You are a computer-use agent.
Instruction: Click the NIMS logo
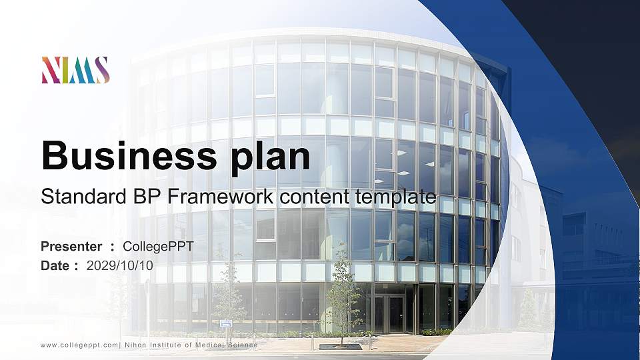coord(75,70)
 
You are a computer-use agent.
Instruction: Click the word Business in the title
coord(129,155)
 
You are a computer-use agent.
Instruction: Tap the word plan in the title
coord(270,158)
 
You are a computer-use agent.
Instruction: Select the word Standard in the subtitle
coord(83,196)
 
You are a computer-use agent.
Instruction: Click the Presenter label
coord(71,246)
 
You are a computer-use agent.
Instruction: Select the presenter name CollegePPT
coord(158,247)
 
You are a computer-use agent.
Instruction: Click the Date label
coord(55,266)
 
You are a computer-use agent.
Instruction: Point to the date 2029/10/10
coord(119,266)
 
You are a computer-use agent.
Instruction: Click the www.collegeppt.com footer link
coord(79,345)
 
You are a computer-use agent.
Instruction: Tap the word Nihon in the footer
coord(135,345)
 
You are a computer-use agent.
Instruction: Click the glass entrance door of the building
coord(389,314)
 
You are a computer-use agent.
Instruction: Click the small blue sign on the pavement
coord(226,324)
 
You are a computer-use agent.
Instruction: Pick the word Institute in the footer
coord(165,345)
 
